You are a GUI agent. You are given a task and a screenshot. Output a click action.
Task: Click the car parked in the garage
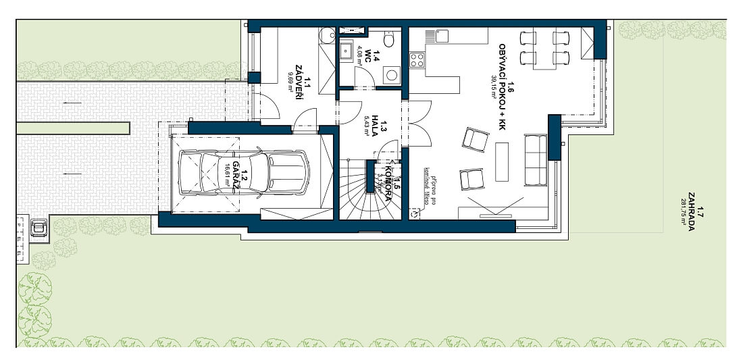(x=243, y=172)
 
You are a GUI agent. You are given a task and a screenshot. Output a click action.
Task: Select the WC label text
(x=369, y=58)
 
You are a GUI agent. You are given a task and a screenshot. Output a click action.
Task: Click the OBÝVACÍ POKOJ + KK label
(x=503, y=82)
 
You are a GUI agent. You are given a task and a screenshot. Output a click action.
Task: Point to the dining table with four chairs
(x=543, y=48)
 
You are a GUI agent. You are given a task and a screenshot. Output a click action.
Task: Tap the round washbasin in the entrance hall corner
(x=326, y=35)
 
